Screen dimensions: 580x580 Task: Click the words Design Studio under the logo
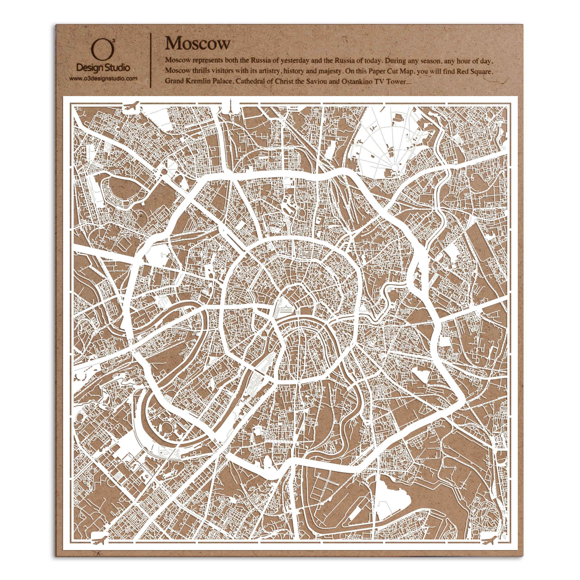click(x=103, y=68)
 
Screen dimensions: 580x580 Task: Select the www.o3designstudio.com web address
click(x=103, y=79)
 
